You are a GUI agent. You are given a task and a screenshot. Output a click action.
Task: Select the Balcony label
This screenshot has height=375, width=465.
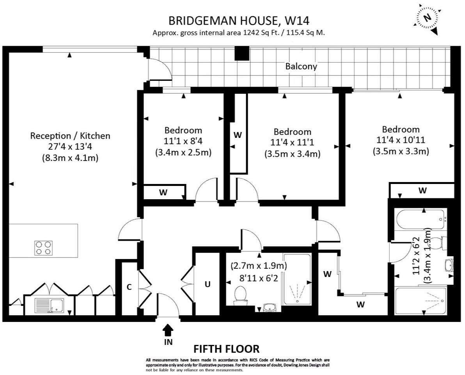coord(301,66)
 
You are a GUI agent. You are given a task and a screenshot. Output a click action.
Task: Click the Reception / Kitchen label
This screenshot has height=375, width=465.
coord(70,136)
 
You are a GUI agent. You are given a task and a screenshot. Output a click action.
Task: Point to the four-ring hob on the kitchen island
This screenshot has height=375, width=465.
coord(43,247)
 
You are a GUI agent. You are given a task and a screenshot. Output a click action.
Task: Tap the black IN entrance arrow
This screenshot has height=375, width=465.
coord(168,331)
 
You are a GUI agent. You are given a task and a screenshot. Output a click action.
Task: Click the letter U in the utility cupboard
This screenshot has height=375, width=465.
coord(208,284)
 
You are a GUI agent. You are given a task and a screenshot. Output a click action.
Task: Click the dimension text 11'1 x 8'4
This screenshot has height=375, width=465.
coord(183,141)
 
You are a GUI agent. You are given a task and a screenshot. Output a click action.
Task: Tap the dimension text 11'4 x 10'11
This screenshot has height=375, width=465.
coord(401,140)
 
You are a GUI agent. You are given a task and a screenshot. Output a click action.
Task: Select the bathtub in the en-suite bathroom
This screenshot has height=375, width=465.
coord(420,220)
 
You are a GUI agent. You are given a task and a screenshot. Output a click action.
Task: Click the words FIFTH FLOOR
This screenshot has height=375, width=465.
coord(227,348)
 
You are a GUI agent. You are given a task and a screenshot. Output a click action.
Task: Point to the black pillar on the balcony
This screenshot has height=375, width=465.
coord(241,54)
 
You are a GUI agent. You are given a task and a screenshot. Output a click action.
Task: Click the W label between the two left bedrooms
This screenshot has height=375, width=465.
coord(238,135)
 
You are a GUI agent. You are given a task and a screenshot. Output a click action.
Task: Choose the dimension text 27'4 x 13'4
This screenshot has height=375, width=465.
coord(70,147)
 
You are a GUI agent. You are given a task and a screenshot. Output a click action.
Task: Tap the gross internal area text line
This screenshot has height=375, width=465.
coord(239,33)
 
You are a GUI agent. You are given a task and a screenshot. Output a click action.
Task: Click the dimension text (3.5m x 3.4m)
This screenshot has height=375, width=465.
coord(292,154)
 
